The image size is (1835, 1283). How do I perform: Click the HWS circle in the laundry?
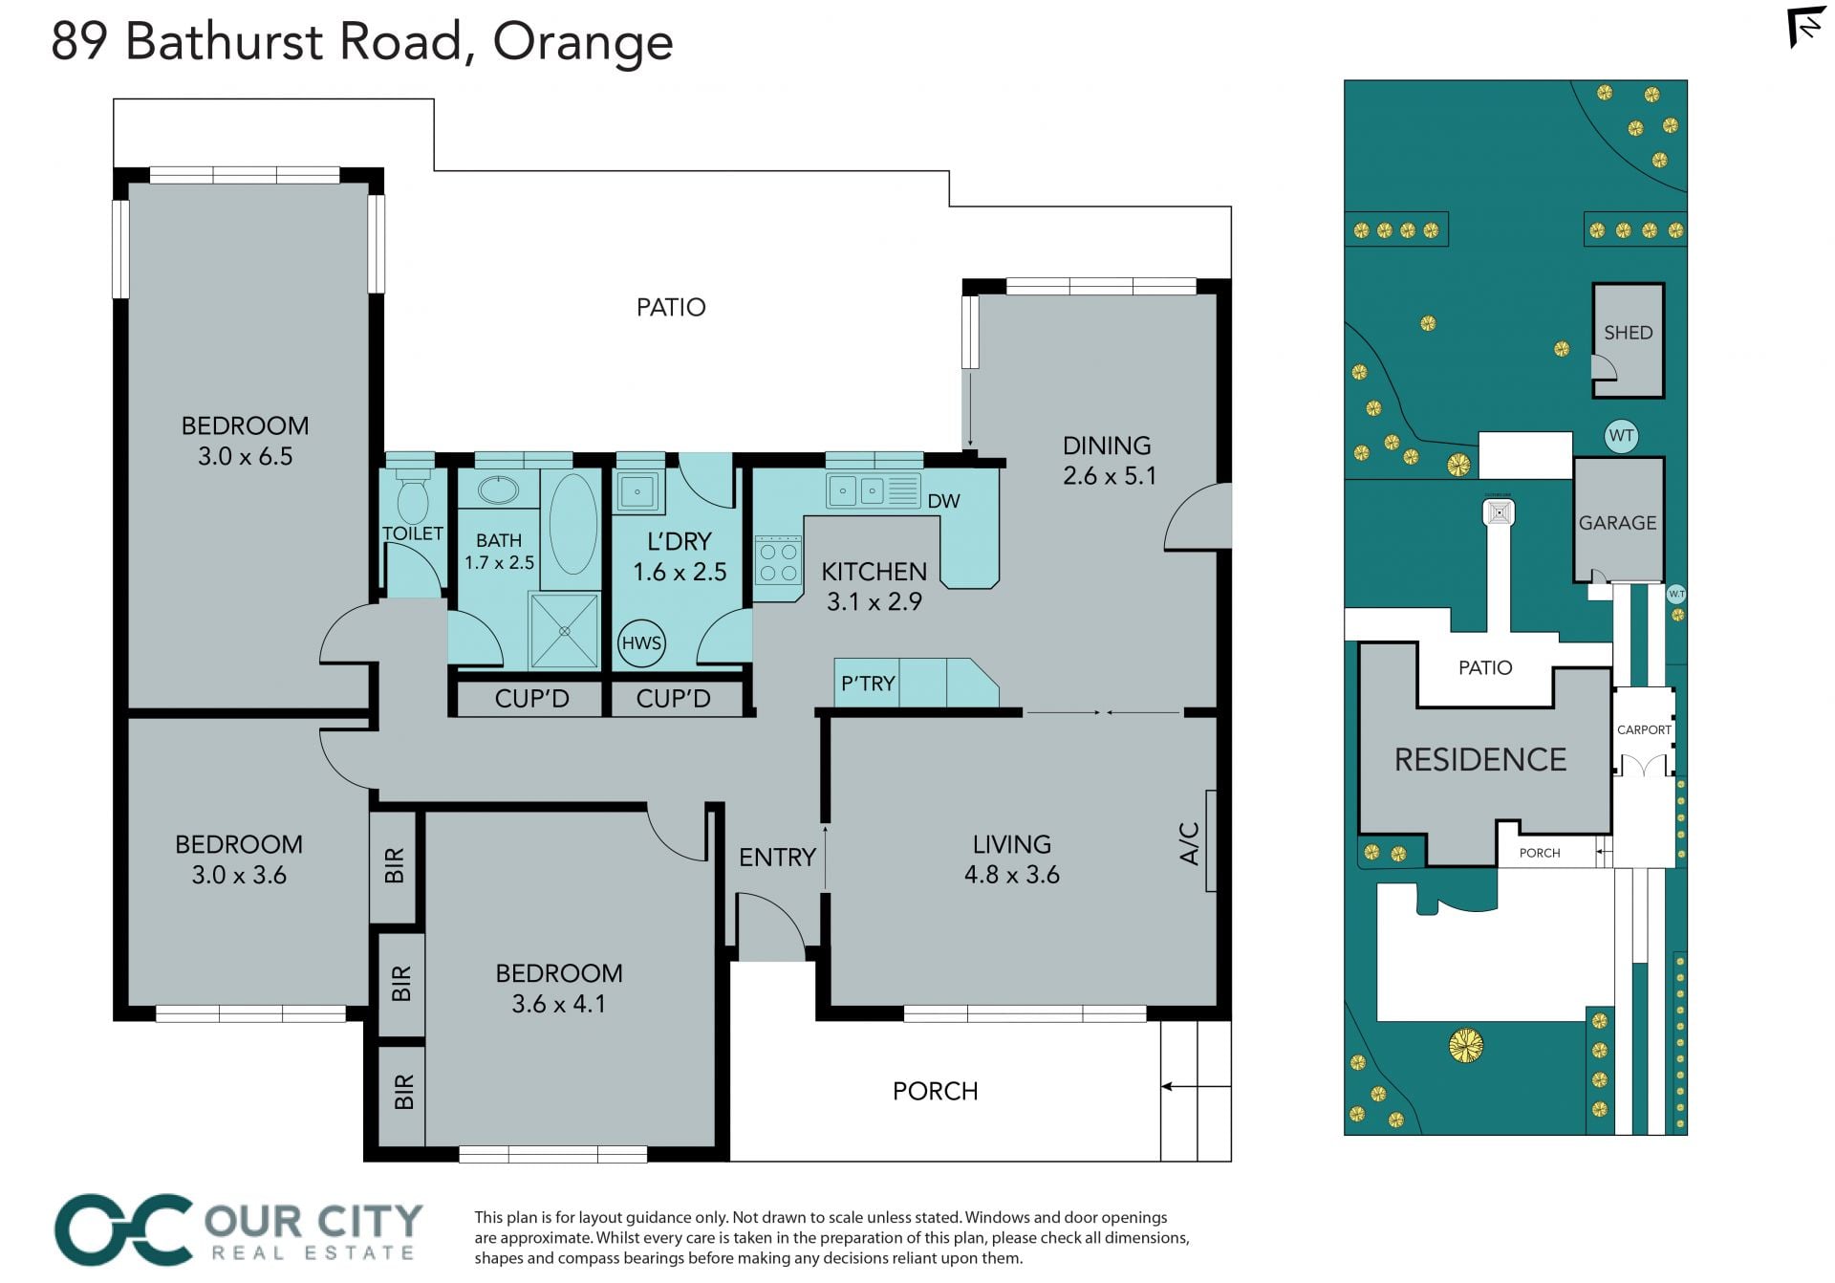[x=641, y=643]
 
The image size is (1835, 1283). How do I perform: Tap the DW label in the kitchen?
[x=943, y=501]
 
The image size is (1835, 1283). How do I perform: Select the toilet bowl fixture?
[x=413, y=492]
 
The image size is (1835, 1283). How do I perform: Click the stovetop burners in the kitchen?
[x=778, y=562]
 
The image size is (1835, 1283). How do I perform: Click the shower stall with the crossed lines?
[x=564, y=631]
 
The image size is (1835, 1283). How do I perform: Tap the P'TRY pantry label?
[x=868, y=684]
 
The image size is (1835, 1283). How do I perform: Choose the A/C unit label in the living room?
[x=1190, y=843]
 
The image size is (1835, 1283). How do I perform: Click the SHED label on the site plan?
[x=1628, y=333]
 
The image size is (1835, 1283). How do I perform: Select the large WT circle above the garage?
[x=1621, y=436]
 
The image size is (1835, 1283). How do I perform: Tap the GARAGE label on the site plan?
[x=1617, y=523]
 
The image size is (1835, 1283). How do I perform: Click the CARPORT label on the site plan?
[x=1644, y=729]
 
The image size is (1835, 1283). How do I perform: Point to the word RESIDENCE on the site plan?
[x=1480, y=760]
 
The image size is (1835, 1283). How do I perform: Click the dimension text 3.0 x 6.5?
[x=246, y=457]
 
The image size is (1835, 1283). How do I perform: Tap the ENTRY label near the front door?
[x=777, y=858]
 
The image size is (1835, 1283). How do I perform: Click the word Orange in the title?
[x=583, y=43]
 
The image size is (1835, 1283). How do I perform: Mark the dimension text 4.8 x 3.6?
[x=1012, y=875]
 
